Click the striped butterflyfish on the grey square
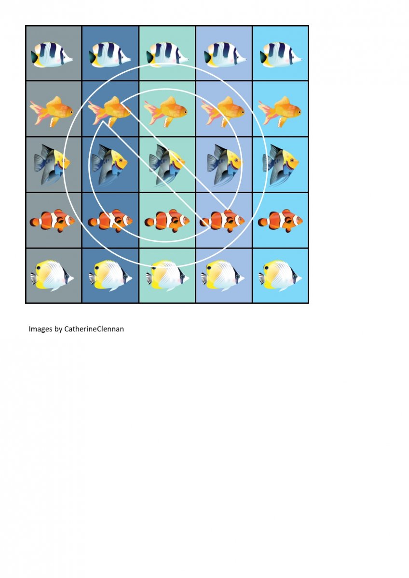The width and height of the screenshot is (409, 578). [52, 55]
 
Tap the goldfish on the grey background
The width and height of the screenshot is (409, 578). [52, 112]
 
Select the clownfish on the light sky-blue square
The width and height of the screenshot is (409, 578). [280, 221]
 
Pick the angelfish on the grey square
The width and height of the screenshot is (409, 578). [52, 164]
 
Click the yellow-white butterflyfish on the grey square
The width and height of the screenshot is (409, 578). [52, 276]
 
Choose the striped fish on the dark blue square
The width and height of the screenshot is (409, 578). [110, 55]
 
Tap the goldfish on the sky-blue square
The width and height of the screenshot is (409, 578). [280, 112]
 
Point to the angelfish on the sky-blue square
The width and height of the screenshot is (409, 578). [281, 164]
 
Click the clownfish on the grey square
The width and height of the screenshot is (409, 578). [52, 221]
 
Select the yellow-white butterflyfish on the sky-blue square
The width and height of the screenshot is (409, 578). [280, 276]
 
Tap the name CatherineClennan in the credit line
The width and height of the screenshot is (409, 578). [94, 329]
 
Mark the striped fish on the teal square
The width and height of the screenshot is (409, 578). [167, 55]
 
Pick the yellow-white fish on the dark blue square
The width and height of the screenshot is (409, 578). [110, 276]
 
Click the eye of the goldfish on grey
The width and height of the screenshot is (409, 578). [71, 112]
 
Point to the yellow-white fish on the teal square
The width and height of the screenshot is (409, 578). [167, 276]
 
